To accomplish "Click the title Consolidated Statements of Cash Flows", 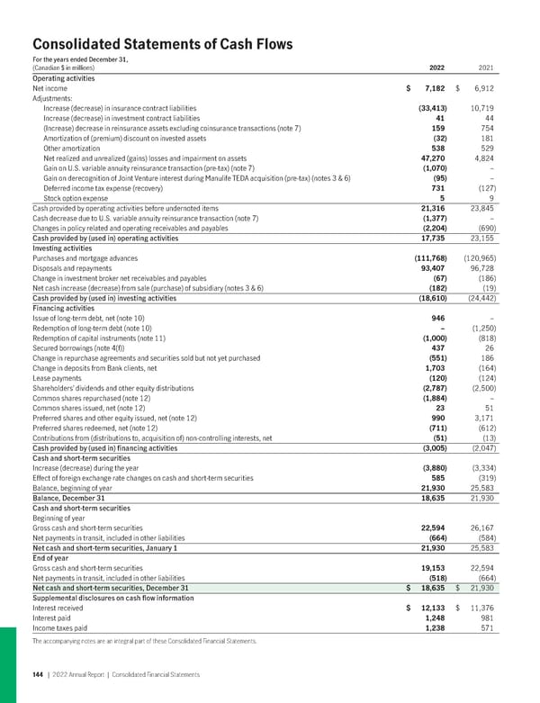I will [149, 41].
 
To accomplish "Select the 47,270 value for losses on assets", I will [431, 157].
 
